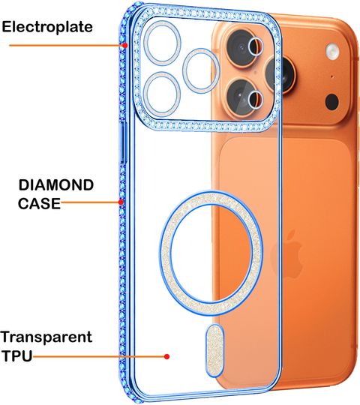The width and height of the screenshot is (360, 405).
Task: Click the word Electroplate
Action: (x=47, y=27)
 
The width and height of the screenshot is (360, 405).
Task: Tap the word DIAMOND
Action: (x=56, y=185)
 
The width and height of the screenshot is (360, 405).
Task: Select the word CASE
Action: (x=39, y=203)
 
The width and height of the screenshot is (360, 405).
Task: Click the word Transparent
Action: (x=46, y=337)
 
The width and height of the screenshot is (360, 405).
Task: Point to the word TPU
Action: (x=17, y=356)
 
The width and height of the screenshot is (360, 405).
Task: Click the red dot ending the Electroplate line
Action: (x=125, y=46)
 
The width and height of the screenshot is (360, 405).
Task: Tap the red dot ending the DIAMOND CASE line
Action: (x=121, y=202)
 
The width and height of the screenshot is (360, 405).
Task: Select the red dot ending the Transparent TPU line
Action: (x=166, y=356)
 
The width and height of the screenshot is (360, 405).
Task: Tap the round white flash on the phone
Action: (x=332, y=51)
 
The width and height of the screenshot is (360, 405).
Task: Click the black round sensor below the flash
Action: (x=331, y=102)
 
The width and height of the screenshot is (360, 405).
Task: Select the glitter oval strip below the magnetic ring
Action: (x=214, y=350)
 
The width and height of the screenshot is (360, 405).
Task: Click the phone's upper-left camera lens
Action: (x=242, y=47)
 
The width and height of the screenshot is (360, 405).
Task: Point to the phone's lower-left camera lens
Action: (x=242, y=97)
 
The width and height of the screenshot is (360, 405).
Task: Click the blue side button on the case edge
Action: (x=124, y=142)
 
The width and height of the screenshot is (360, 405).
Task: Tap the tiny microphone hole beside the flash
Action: (x=332, y=76)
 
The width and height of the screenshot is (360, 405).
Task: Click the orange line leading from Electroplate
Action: (x=66, y=46)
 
